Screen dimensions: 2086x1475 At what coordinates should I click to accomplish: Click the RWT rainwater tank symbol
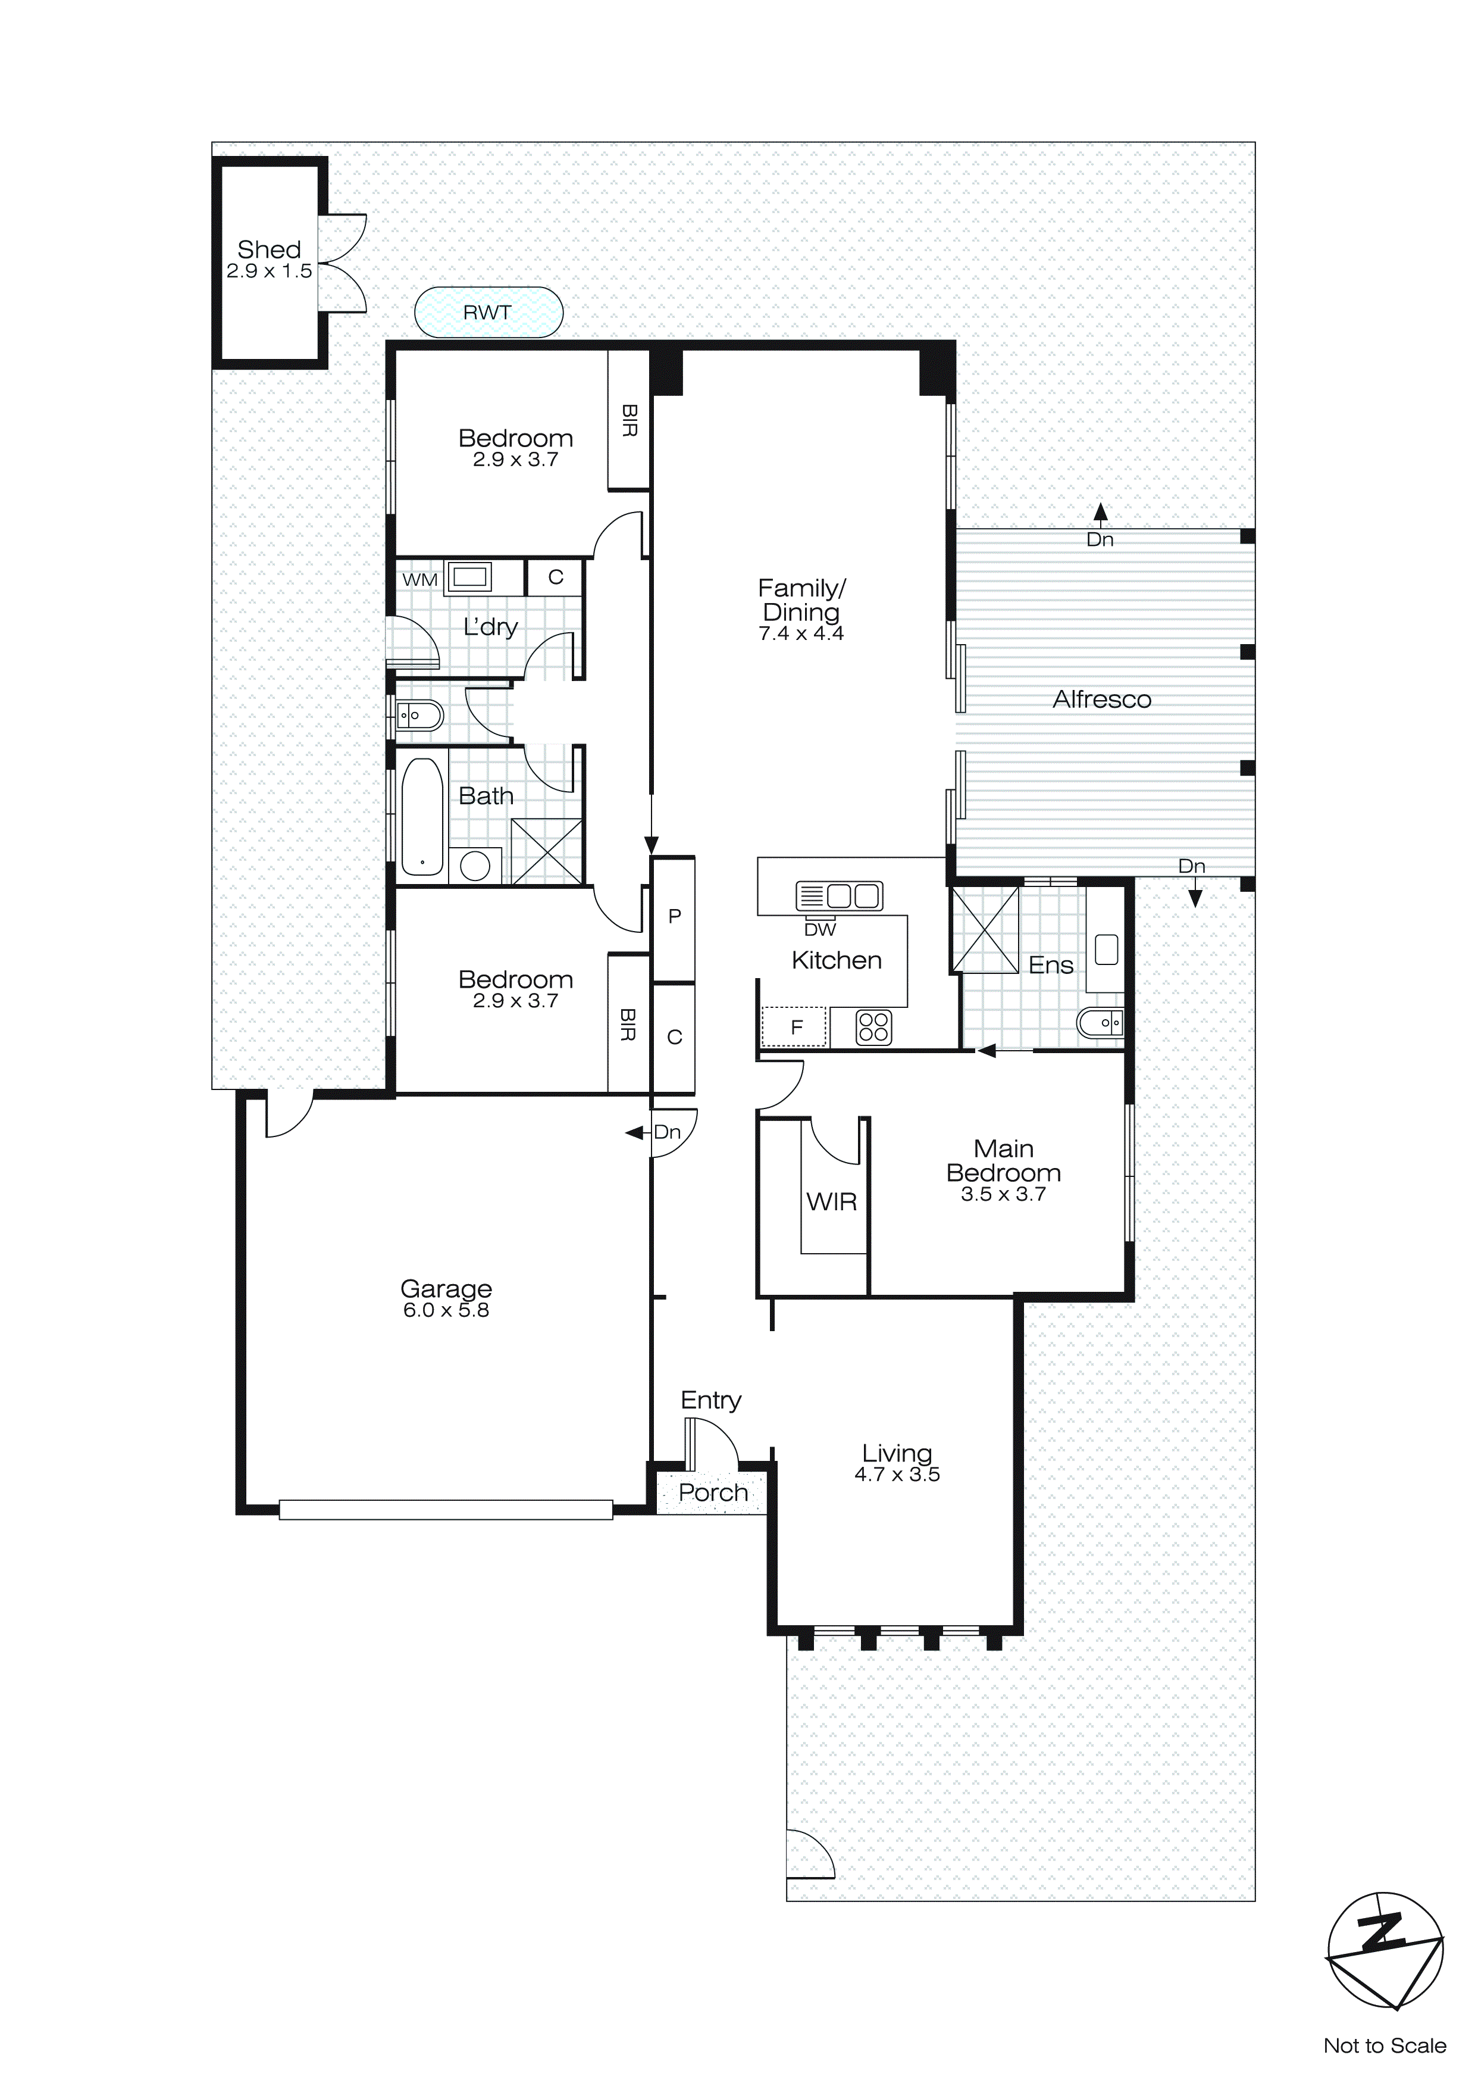(488, 313)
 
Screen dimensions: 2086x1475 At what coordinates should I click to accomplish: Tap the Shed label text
(269, 249)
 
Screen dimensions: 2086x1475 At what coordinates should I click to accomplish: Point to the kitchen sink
(838, 896)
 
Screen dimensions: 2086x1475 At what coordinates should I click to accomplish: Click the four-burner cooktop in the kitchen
(873, 1028)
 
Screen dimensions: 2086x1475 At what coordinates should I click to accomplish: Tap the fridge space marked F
(796, 1028)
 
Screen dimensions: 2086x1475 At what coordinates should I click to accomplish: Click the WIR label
(831, 1202)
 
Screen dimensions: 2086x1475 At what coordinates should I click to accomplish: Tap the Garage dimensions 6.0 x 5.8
(446, 1310)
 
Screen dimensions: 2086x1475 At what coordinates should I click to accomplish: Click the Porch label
(713, 1492)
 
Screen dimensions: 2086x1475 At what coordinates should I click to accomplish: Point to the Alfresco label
(1102, 700)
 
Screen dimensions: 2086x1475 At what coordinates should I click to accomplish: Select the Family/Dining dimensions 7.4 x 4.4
(800, 634)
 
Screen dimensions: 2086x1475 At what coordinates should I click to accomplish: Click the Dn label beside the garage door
(666, 1132)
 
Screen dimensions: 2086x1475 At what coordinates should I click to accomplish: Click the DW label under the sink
(819, 929)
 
